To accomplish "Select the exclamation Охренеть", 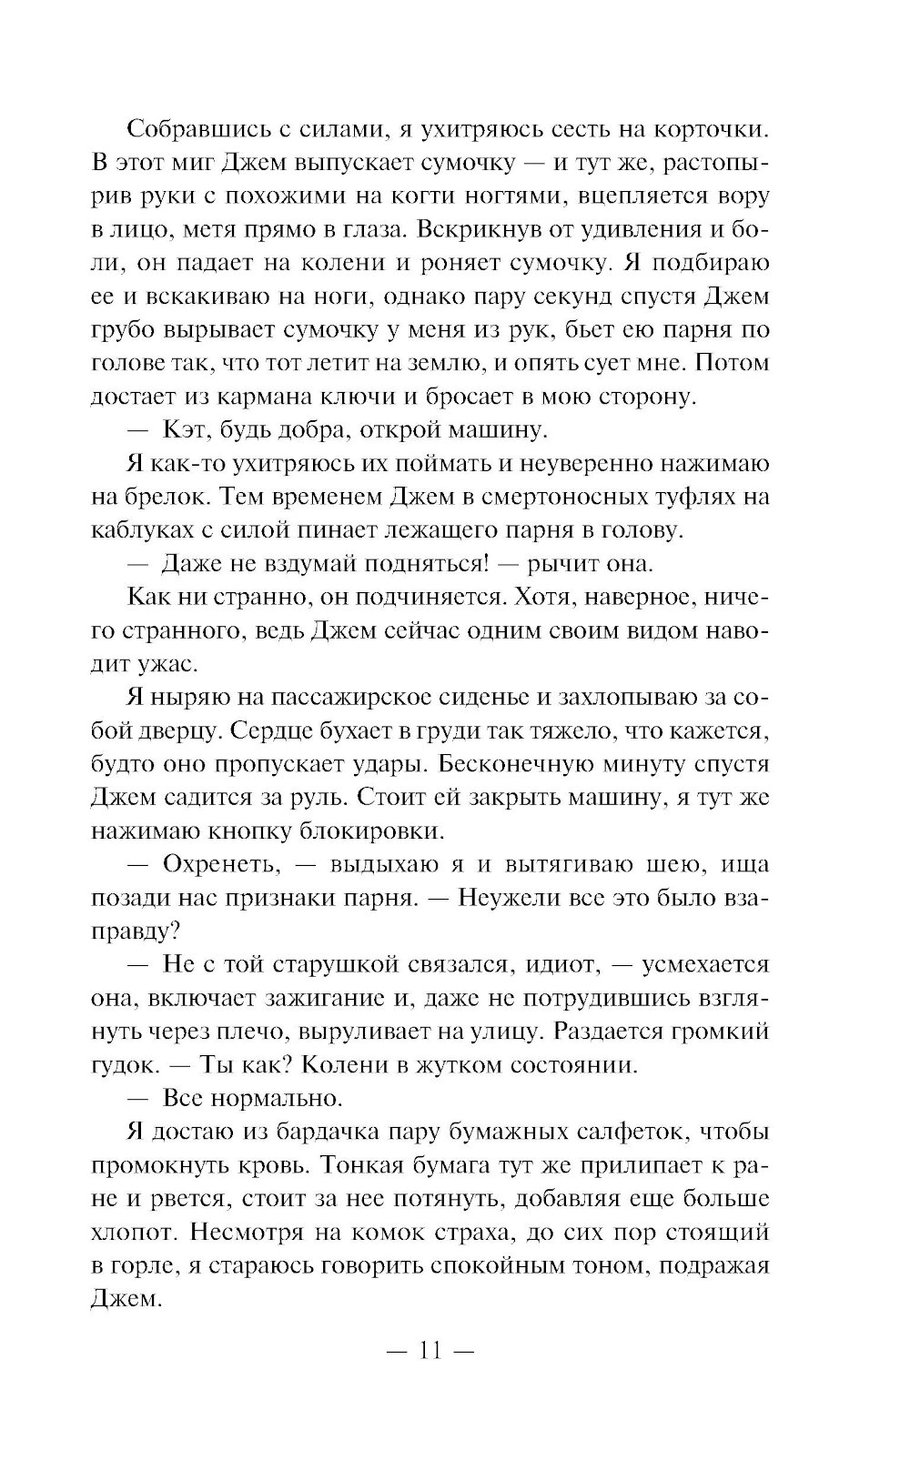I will click(218, 864).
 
